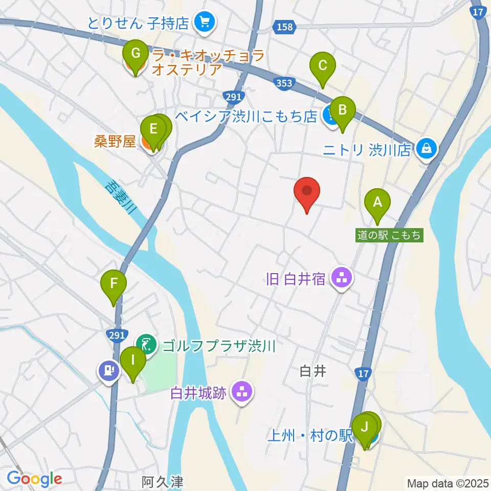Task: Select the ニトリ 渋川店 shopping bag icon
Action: [426, 149]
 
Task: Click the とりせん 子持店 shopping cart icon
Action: [205, 22]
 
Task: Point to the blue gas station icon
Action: [107, 370]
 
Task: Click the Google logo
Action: [34, 479]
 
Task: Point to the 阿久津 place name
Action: [162, 481]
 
